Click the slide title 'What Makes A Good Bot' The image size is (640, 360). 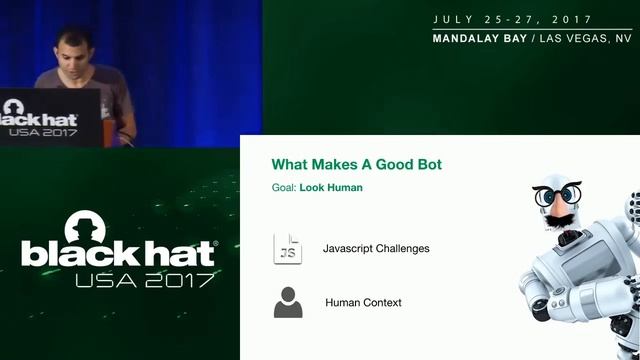click(356, 164)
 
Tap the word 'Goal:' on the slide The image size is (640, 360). click(283, 187)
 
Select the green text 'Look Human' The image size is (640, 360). click(331, 187)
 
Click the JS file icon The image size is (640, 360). click(287, 248)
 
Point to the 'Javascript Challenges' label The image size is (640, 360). click(376, 248)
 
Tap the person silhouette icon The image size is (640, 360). click(287, 302)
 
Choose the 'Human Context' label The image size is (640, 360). click(363, 302)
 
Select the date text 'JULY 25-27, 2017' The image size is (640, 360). click(512, 20)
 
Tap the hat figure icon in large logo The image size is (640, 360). click(88, 228)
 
